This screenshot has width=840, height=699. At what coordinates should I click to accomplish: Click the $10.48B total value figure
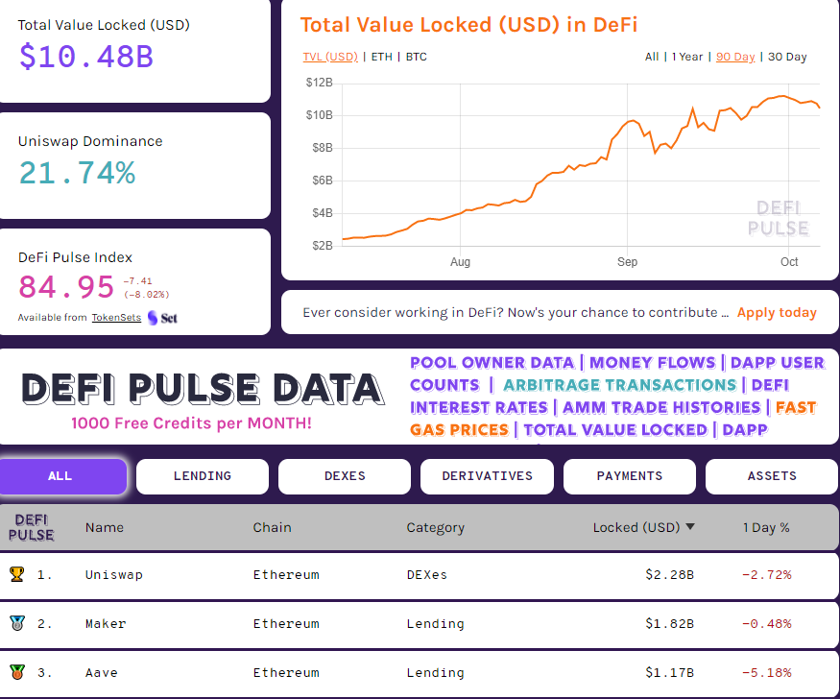point(85,56)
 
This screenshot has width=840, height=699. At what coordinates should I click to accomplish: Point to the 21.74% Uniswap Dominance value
point(77,173)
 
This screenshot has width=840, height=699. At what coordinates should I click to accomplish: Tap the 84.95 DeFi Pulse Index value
point(66,286)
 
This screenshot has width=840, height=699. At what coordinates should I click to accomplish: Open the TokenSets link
point(116,318)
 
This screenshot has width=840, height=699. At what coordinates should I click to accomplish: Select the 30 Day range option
point(787,57)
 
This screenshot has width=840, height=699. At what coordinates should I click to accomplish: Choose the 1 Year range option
point(687,57)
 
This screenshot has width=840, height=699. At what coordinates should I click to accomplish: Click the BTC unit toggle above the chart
point(416,57)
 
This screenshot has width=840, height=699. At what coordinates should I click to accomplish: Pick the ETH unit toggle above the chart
point(381,57)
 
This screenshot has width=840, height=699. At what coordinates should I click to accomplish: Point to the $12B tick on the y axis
point(319,83)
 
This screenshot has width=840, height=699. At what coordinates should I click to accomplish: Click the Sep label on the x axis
point(627,262)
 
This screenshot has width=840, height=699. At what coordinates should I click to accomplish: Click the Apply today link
point(777,312)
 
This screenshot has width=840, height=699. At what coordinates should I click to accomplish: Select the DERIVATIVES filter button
point(487,476)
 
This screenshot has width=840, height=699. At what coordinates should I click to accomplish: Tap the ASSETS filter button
point(772,476)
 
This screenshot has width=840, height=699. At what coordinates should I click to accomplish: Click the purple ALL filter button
point(60,476)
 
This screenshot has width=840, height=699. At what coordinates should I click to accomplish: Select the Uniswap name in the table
point(113,575)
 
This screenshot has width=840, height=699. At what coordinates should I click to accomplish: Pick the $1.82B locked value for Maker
point(669,624)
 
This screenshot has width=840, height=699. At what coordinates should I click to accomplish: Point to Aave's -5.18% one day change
point(766,673)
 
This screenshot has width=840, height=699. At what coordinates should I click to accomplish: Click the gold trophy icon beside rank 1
point(16,574)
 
